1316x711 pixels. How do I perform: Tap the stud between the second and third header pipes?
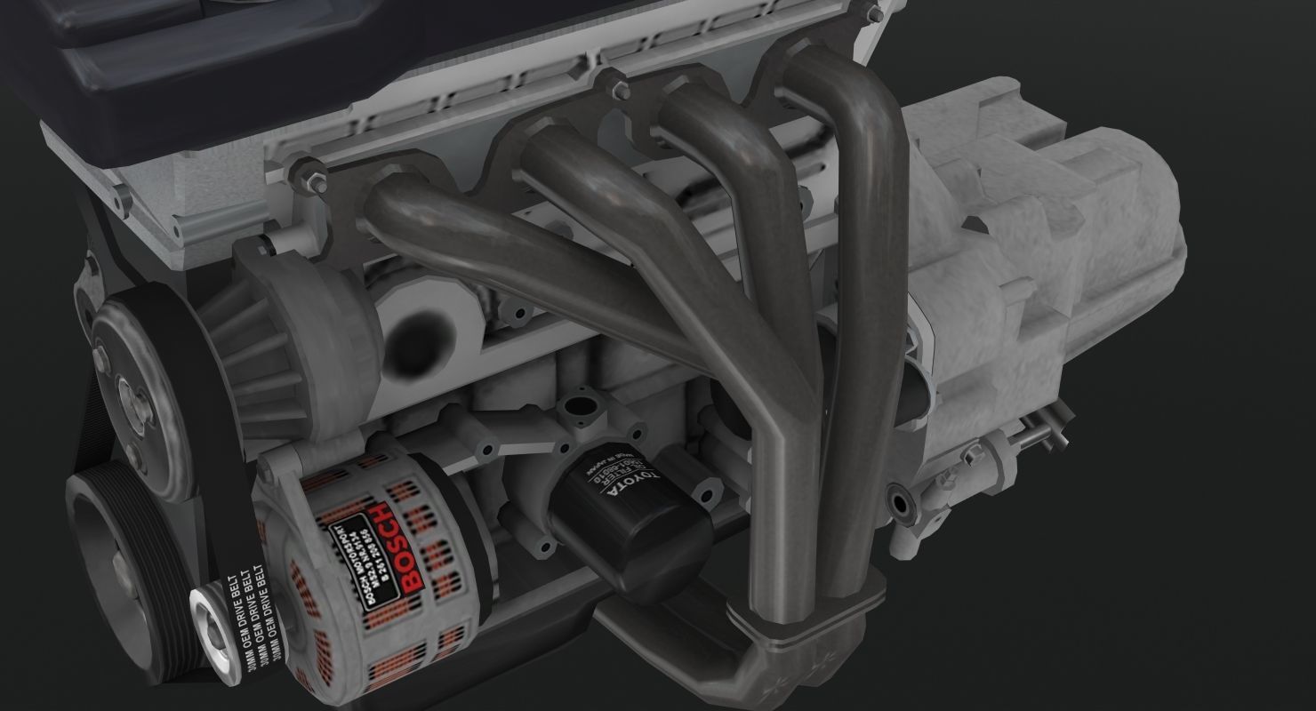[x=617, y=90]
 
